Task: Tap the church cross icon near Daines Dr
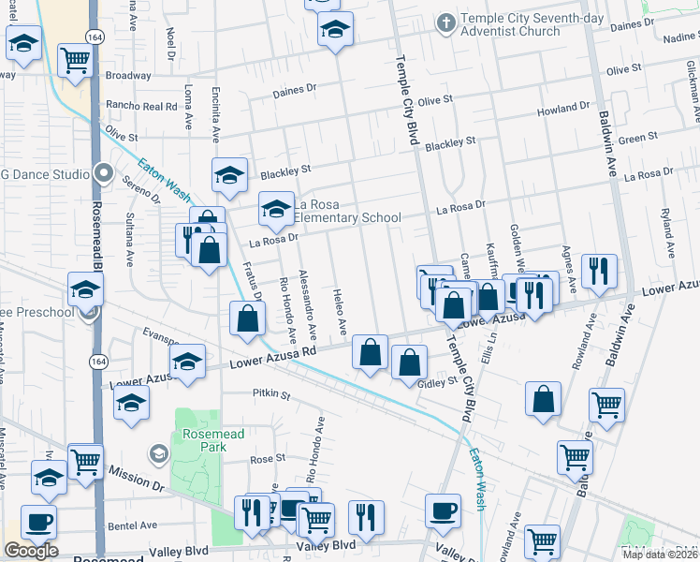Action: point(446,21)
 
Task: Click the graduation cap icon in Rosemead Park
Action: point(158,455)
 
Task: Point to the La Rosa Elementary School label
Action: point(347,212)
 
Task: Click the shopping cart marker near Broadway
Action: point(75,60)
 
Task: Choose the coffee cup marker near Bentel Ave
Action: point(37,521)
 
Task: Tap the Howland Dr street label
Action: point(562,110)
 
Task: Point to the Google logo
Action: point(31,551)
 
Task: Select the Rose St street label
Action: point(267,459)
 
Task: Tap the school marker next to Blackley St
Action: point(229,175)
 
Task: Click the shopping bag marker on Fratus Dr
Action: point(245,318)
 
